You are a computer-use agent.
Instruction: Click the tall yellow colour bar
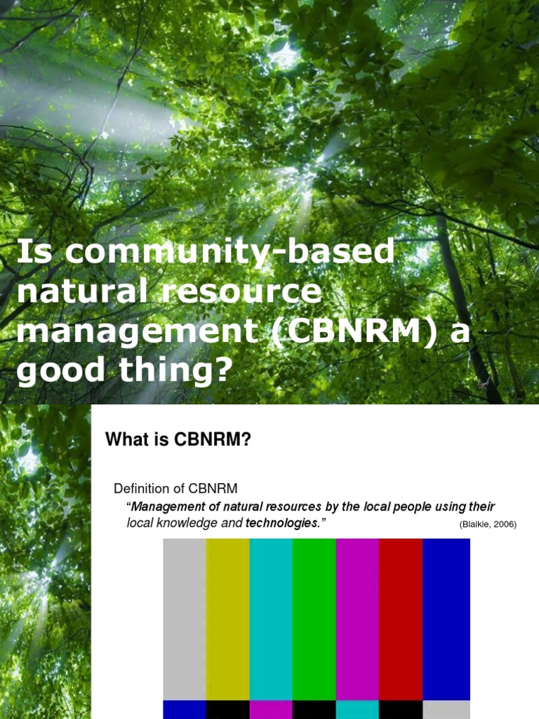tap(228, 618)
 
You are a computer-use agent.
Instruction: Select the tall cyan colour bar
tap(271, 618)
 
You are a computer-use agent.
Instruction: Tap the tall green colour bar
tap(314, 618)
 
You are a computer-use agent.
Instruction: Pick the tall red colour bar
tap(401, 618)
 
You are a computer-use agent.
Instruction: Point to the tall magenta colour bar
tap(358, 618)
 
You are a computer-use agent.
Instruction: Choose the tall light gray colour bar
tap(185, 618)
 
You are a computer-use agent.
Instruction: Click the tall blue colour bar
tap(446, 618)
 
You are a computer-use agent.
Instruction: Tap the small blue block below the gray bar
tap(185, 709)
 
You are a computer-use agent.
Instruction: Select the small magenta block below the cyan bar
tap(271, 709)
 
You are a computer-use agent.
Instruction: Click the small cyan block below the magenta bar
tap(358, 709)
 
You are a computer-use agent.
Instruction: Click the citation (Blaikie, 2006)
tap(488, 525)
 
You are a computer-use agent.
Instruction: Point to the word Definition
tap(138, 488)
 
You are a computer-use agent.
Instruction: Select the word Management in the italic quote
tap(167, 506)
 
